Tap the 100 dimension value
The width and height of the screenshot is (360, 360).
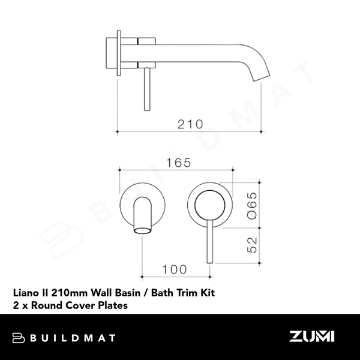tap(174, 270)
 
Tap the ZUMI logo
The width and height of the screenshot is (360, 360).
tap(312, 337)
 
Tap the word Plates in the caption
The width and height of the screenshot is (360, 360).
tap(113, 305)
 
